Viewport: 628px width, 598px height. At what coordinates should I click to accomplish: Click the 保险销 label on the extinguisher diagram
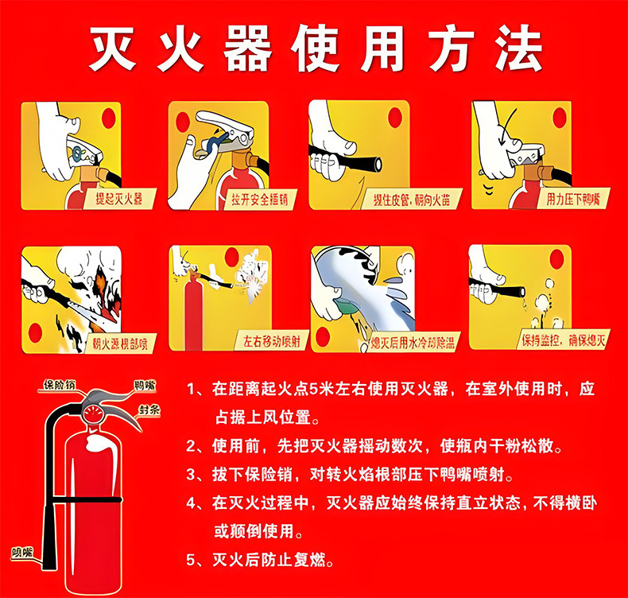[59, 386]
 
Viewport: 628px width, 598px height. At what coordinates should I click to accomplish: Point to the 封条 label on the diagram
[149, 410]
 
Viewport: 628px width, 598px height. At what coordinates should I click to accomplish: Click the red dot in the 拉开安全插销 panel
[182, 122]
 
